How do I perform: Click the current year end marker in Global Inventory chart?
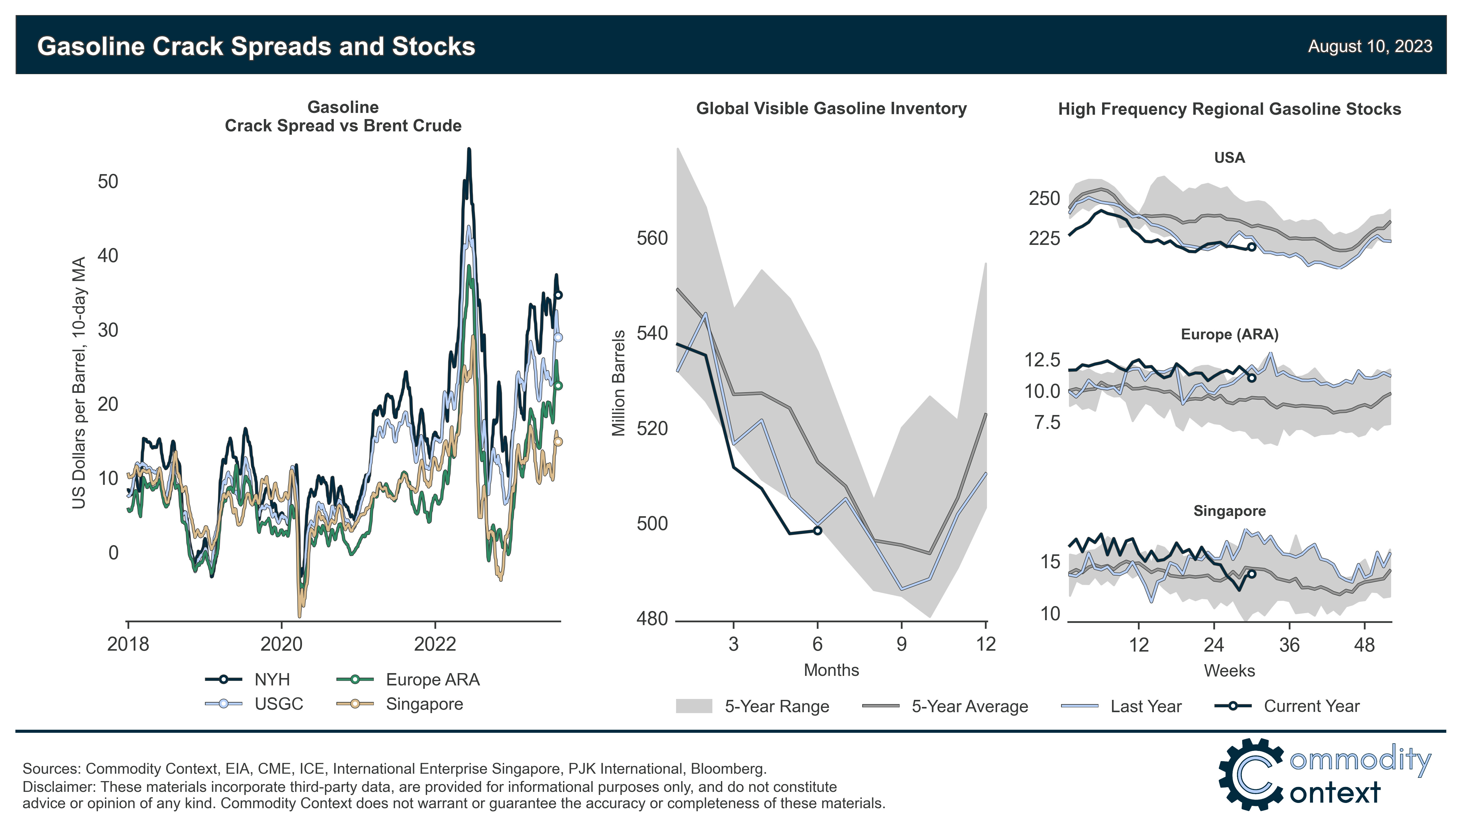click(818, 531)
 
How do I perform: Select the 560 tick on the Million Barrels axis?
click(652, 238)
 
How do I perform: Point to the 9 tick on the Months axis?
click(901, 644)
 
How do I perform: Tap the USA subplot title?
click(1229, 158)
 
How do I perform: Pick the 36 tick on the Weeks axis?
click(1289, 645)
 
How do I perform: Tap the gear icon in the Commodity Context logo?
click(1251, 774)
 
